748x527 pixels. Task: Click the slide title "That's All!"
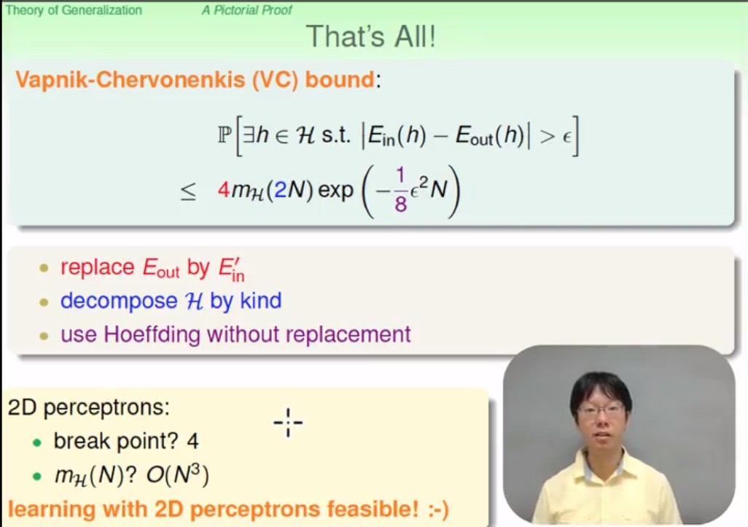(370, 36)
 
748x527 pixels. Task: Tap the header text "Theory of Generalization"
(74, 10)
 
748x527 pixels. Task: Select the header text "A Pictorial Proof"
(246, 10)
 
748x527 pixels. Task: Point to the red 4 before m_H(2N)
(224, 190)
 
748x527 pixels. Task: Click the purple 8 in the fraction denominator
(401, 204)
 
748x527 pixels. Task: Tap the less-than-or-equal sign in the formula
(188, 191)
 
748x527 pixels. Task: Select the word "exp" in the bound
(336, 191)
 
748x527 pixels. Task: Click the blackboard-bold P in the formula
(225, 135)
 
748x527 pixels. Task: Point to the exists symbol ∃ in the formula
(249, 135)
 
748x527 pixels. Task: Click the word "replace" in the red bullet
(98, 267)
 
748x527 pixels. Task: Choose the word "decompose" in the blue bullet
(119, 301)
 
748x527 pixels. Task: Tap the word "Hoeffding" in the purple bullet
(152, 334)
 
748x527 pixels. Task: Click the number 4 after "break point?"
(192, 441)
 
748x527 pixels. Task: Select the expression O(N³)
(177, 475)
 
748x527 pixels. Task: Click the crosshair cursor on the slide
(288, 423)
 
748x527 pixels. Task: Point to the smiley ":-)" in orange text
(438, 509)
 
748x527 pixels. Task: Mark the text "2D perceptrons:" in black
(89, 407)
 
